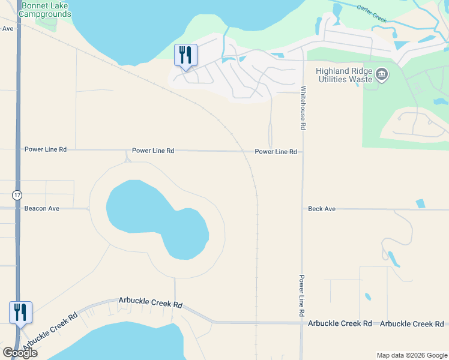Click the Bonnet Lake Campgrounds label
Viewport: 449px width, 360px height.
click(x=46, y=10)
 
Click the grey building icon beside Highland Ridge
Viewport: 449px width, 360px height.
click(x=382, y=75)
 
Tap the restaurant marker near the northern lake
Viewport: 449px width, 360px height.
click(x=185, y=55)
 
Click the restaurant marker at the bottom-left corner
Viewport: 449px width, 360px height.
click(x=20, y=312)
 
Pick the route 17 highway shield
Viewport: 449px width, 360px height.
click(x=17, y=195)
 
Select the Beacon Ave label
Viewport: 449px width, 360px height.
click(x=42, y=208)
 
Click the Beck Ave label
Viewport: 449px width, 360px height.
click(x=322, y=209)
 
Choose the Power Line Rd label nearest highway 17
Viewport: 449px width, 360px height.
click(x=46, y=149)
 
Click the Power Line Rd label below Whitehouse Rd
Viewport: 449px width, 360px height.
click(x=276, y=152)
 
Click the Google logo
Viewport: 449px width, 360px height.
click(x=20, y=353)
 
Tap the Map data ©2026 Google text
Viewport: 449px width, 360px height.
click(x=411, y=355)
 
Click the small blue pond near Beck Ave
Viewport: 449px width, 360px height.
click(x=420, y=203)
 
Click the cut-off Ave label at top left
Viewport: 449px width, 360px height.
click(x=7, y=28)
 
